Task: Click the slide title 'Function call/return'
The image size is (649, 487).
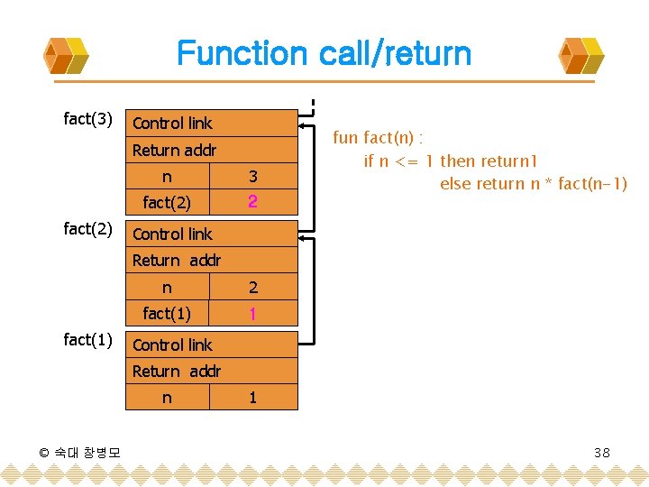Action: click(x=324, y=53)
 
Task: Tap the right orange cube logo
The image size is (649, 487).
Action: click(x=581, y=56)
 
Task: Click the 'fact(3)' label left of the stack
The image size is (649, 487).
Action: click(x=88, y=119)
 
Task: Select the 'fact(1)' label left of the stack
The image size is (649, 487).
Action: click(x=88, y=339)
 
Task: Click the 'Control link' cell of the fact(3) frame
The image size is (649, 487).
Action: click(x=214, y=124)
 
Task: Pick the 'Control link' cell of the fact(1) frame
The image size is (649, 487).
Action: click(x=214, y=345)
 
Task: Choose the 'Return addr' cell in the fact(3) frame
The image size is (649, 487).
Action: click(x=214, y=151)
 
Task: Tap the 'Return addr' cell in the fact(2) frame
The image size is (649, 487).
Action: click(x=214, y=261)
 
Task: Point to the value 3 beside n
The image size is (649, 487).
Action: click(x=253, y=177)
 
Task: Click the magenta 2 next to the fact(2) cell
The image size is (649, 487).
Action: click(x=253, y=203)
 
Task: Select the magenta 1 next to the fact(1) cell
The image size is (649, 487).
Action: click(x=253, y=314)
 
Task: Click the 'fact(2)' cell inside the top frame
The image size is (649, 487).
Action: click(x=167, y=203)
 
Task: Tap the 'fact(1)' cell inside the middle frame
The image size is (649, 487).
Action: click(x=167, y=314)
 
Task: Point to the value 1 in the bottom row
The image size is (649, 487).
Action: click(x=253, y=398)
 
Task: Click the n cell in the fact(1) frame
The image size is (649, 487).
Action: click(x=167, y=398)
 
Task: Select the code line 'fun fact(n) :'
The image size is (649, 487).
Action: click(x=379, y=138)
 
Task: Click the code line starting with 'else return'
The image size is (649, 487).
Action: click(x=533, y=184)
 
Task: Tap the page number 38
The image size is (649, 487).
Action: click(x=602, y=452)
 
